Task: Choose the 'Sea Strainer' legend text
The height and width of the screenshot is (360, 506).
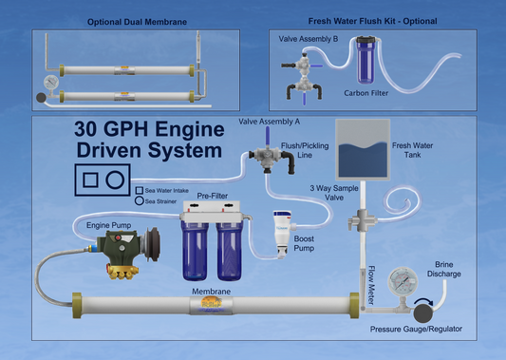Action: (x=163, y=201)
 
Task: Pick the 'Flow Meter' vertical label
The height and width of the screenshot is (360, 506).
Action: (x=371, y=288)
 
